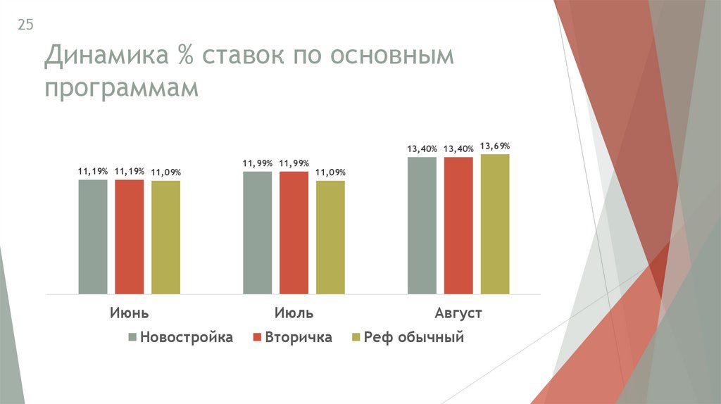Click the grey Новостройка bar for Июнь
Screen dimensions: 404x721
tap(93, 236)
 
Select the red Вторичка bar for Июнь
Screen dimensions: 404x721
tap(130, 236)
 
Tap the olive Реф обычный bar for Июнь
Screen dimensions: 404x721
tap(166, 237)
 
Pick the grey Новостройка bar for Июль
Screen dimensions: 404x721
tap(258, 232)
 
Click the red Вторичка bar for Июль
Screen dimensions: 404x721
tap(294, 232)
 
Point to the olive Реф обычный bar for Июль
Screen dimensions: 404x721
tap(331, 237)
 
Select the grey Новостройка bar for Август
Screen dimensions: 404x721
tap(422, 225)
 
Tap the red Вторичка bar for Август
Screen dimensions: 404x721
tap(459, 225)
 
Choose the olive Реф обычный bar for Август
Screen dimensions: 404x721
tap(496, 224)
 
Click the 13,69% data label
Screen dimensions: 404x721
tap(496, 146)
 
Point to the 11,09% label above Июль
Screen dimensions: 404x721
tap(331, 172)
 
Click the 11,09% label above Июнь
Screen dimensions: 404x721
tap(166, 172)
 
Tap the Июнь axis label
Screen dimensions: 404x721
tap(129, 313)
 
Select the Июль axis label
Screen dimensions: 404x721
tap(294, 313)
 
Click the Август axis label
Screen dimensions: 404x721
tap(458, 313)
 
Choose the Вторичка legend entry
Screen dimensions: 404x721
tap(292, 338)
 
